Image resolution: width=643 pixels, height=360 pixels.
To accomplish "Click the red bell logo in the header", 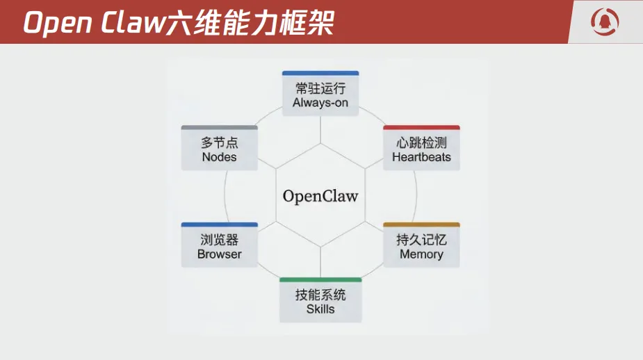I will (x=605, y=21).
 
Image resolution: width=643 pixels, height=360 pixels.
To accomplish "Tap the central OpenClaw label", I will (x=320, y=196).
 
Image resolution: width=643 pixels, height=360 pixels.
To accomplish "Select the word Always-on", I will (x=320, y=103).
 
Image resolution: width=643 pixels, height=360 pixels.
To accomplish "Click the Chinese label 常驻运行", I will (x=320, y=88).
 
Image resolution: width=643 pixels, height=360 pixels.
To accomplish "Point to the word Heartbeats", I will (x=421, y=157).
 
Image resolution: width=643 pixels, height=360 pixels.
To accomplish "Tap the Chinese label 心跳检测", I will (x=421, y=142).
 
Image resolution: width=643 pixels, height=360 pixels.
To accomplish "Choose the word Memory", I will (x=421, y=254).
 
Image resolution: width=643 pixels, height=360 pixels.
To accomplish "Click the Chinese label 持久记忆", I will (x=421, y=240).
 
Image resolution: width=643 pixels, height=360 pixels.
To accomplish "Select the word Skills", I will (x=320, y=309).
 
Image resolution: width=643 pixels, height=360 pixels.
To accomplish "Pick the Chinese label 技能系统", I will (x=320, y=295).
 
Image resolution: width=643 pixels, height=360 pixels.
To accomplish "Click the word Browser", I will (x=220, y=254).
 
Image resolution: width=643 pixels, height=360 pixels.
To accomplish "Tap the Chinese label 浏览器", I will (x=220, y=240).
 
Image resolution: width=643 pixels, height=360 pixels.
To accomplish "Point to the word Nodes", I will (x=220, y=157).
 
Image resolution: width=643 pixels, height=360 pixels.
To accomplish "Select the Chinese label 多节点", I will (x=220, y=142).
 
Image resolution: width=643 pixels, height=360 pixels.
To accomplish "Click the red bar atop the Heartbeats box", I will (x=421, y=128).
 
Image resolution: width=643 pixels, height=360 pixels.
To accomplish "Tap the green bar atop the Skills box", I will (x=320, y=280).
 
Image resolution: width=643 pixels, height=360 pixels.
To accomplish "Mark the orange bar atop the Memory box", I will (x=421, y=225).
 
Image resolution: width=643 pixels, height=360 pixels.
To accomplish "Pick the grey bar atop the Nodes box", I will (x=220, y=128).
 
